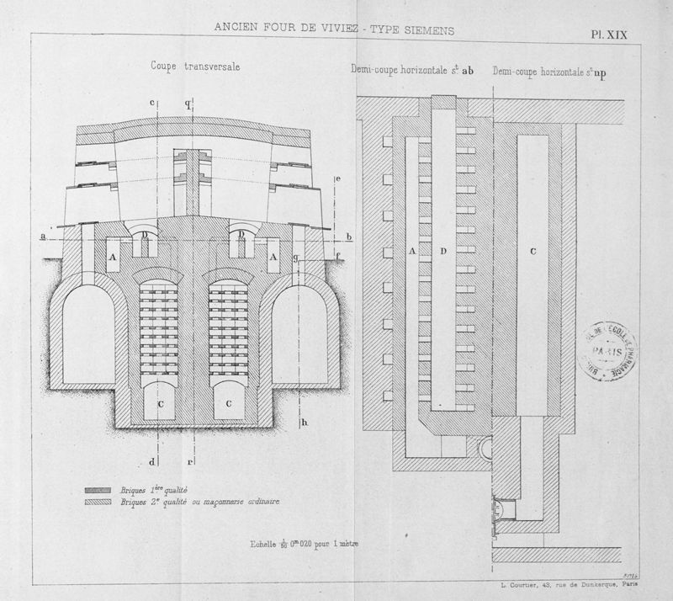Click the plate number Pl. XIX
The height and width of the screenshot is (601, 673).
pos(609,35)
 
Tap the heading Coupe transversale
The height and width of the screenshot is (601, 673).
pos(192,66)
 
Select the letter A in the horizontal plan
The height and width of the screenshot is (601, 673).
pos(411,252)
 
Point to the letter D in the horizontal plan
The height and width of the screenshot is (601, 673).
pos(444,252)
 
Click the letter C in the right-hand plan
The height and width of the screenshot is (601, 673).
pos(533,252)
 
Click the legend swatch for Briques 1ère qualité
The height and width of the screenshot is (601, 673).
pos(101,489)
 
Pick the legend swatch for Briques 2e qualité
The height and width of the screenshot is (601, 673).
pos(101,502)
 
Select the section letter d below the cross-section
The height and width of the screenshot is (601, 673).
pos(152,461)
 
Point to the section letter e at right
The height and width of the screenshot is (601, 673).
pos(336,179)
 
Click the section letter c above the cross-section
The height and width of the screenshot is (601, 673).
pos(152,103)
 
